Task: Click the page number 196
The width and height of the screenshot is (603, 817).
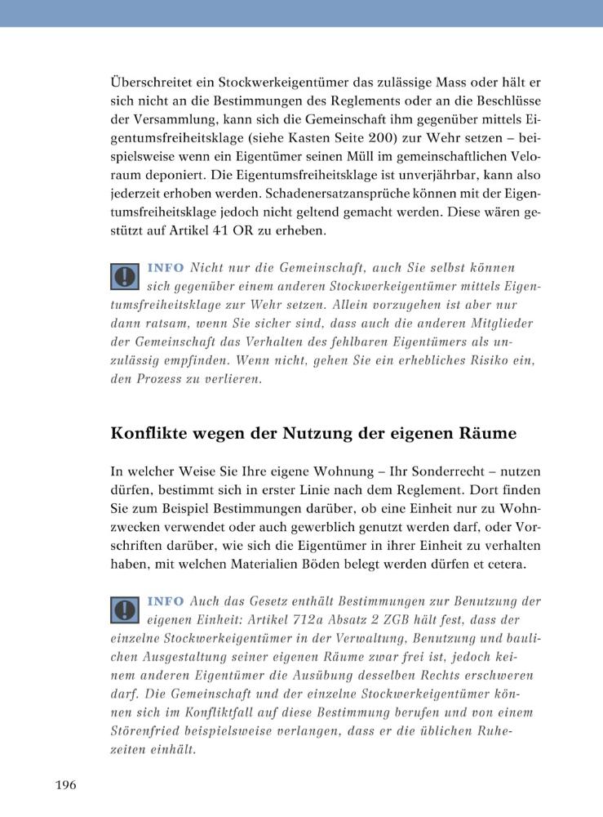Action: [65, 785]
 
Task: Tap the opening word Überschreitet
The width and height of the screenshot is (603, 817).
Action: [149, 83]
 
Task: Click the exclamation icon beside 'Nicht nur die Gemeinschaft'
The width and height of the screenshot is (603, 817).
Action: [124, 276]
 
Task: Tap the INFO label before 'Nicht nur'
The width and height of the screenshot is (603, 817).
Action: [166, 268]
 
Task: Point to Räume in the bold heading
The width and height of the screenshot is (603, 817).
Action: [490, 434]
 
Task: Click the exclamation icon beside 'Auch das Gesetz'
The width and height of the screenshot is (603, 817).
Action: [124, 609]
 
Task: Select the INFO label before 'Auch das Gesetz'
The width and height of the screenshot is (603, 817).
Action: [166, 602]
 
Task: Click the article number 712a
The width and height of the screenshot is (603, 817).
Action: [291, 620]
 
